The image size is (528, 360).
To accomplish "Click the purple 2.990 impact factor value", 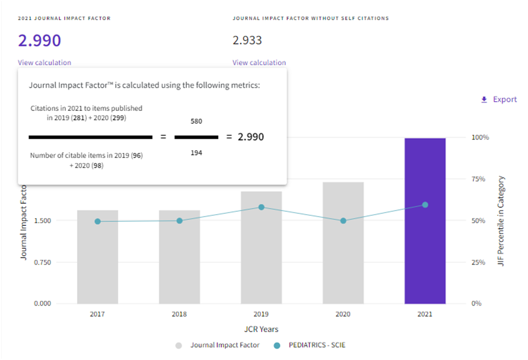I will pos(39,40).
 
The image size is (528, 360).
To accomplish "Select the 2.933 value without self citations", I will pos(247,40).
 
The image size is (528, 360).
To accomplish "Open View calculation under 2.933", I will pos(259,62).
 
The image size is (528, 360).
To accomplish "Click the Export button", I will pos(499,100).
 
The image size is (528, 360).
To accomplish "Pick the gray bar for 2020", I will pos(343,243).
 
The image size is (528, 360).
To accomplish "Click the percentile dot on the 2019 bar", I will pos(261,207).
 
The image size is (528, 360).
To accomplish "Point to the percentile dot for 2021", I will pos(425,205).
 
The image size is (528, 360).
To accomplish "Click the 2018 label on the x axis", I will pos(179,314).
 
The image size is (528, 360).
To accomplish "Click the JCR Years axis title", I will pos(261,329).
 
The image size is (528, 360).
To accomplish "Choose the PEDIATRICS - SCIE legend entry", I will pos(317,345).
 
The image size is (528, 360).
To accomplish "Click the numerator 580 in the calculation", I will pos(196,121).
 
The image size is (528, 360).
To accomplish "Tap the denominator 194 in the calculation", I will pos(196,153).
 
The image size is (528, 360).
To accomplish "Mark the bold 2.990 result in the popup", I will pos(251,137).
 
